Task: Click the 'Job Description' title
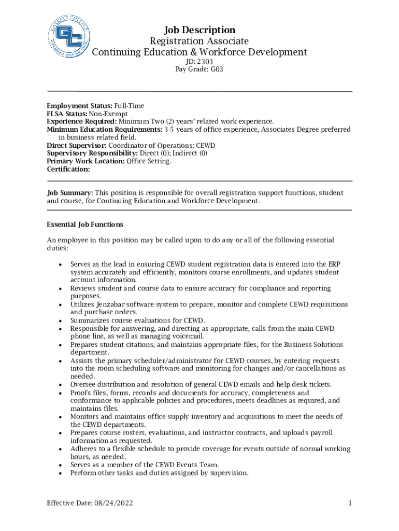(199, 30)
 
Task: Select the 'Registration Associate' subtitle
(199, 41)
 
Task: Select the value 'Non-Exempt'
(108, 114)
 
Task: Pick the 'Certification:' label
(68, 169)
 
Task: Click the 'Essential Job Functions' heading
(85, 225)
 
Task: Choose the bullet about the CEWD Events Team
(145, 465)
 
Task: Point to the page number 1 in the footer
(350, 504)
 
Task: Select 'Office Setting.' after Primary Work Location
(149, 161)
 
